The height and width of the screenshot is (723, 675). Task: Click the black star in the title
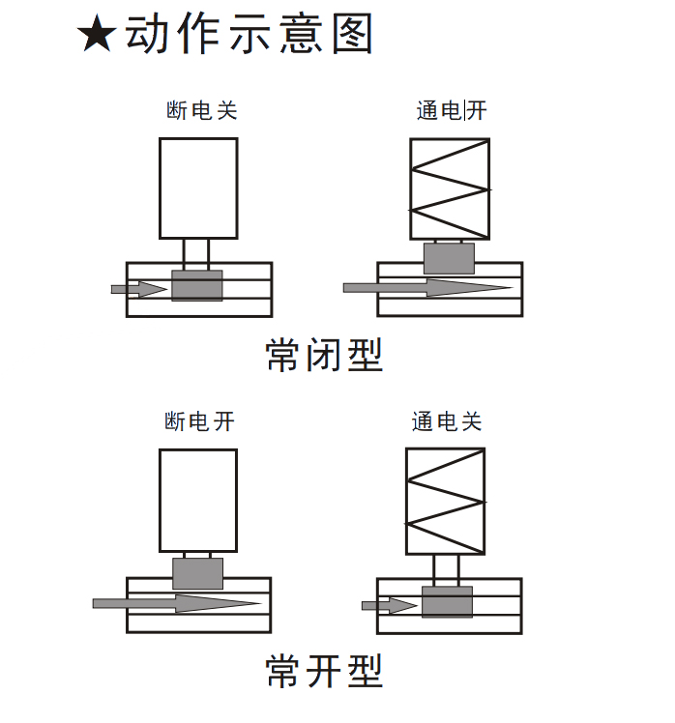(x=98, y=36)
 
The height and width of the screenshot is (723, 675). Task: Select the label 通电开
(x=452, y=110)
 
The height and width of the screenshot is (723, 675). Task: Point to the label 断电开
(x=200, y=421)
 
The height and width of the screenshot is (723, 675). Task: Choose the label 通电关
(x=447, y=421)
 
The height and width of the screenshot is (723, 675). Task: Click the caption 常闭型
(x=324, y=356)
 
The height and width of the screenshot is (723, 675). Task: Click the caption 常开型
(x=324, y=670)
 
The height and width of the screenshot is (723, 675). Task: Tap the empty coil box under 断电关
(x=198, y=188)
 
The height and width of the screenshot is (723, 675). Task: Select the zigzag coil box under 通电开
(x=450, y=188)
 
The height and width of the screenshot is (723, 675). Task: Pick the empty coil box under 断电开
(x=197, y=500)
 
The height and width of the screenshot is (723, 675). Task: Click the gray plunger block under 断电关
(x=197, y=285)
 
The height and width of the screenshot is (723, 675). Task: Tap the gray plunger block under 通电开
(x=450, y=257)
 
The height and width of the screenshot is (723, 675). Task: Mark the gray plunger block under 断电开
(x=197, y=573)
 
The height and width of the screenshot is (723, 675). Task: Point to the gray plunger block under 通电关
(x=447, y=601)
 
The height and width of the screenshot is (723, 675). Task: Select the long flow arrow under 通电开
(x=426, y=287)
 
